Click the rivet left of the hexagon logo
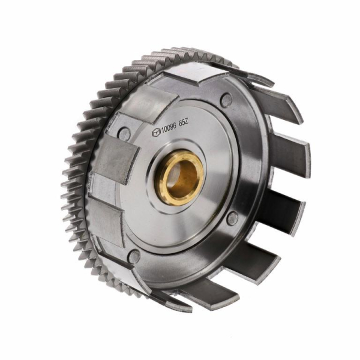coord(124,133)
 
